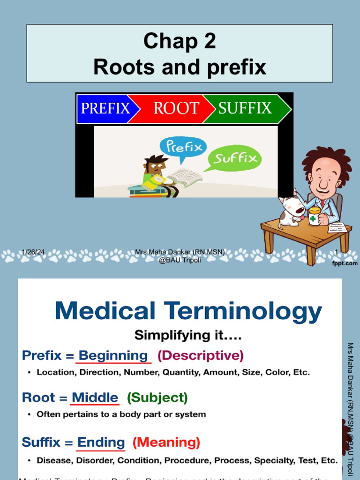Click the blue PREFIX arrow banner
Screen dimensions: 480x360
point(105,109)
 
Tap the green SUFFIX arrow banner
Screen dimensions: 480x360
point(245,109)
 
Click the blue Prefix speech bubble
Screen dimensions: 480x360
point(181,149)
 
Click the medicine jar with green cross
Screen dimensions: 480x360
point(314,216)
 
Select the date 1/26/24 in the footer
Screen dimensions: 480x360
point(33,252)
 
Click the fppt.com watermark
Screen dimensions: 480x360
point(345,263)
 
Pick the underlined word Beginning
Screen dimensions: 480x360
point(113,356)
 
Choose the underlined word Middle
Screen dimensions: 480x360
point(95,398)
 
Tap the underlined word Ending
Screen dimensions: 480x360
point(101,442)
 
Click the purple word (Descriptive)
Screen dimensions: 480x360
point(201,356)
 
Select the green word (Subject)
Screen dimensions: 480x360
point(157,398)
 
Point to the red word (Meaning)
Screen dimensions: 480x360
point(166,442)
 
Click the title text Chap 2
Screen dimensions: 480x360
point(180,41)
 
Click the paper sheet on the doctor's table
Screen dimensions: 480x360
point(337,227)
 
